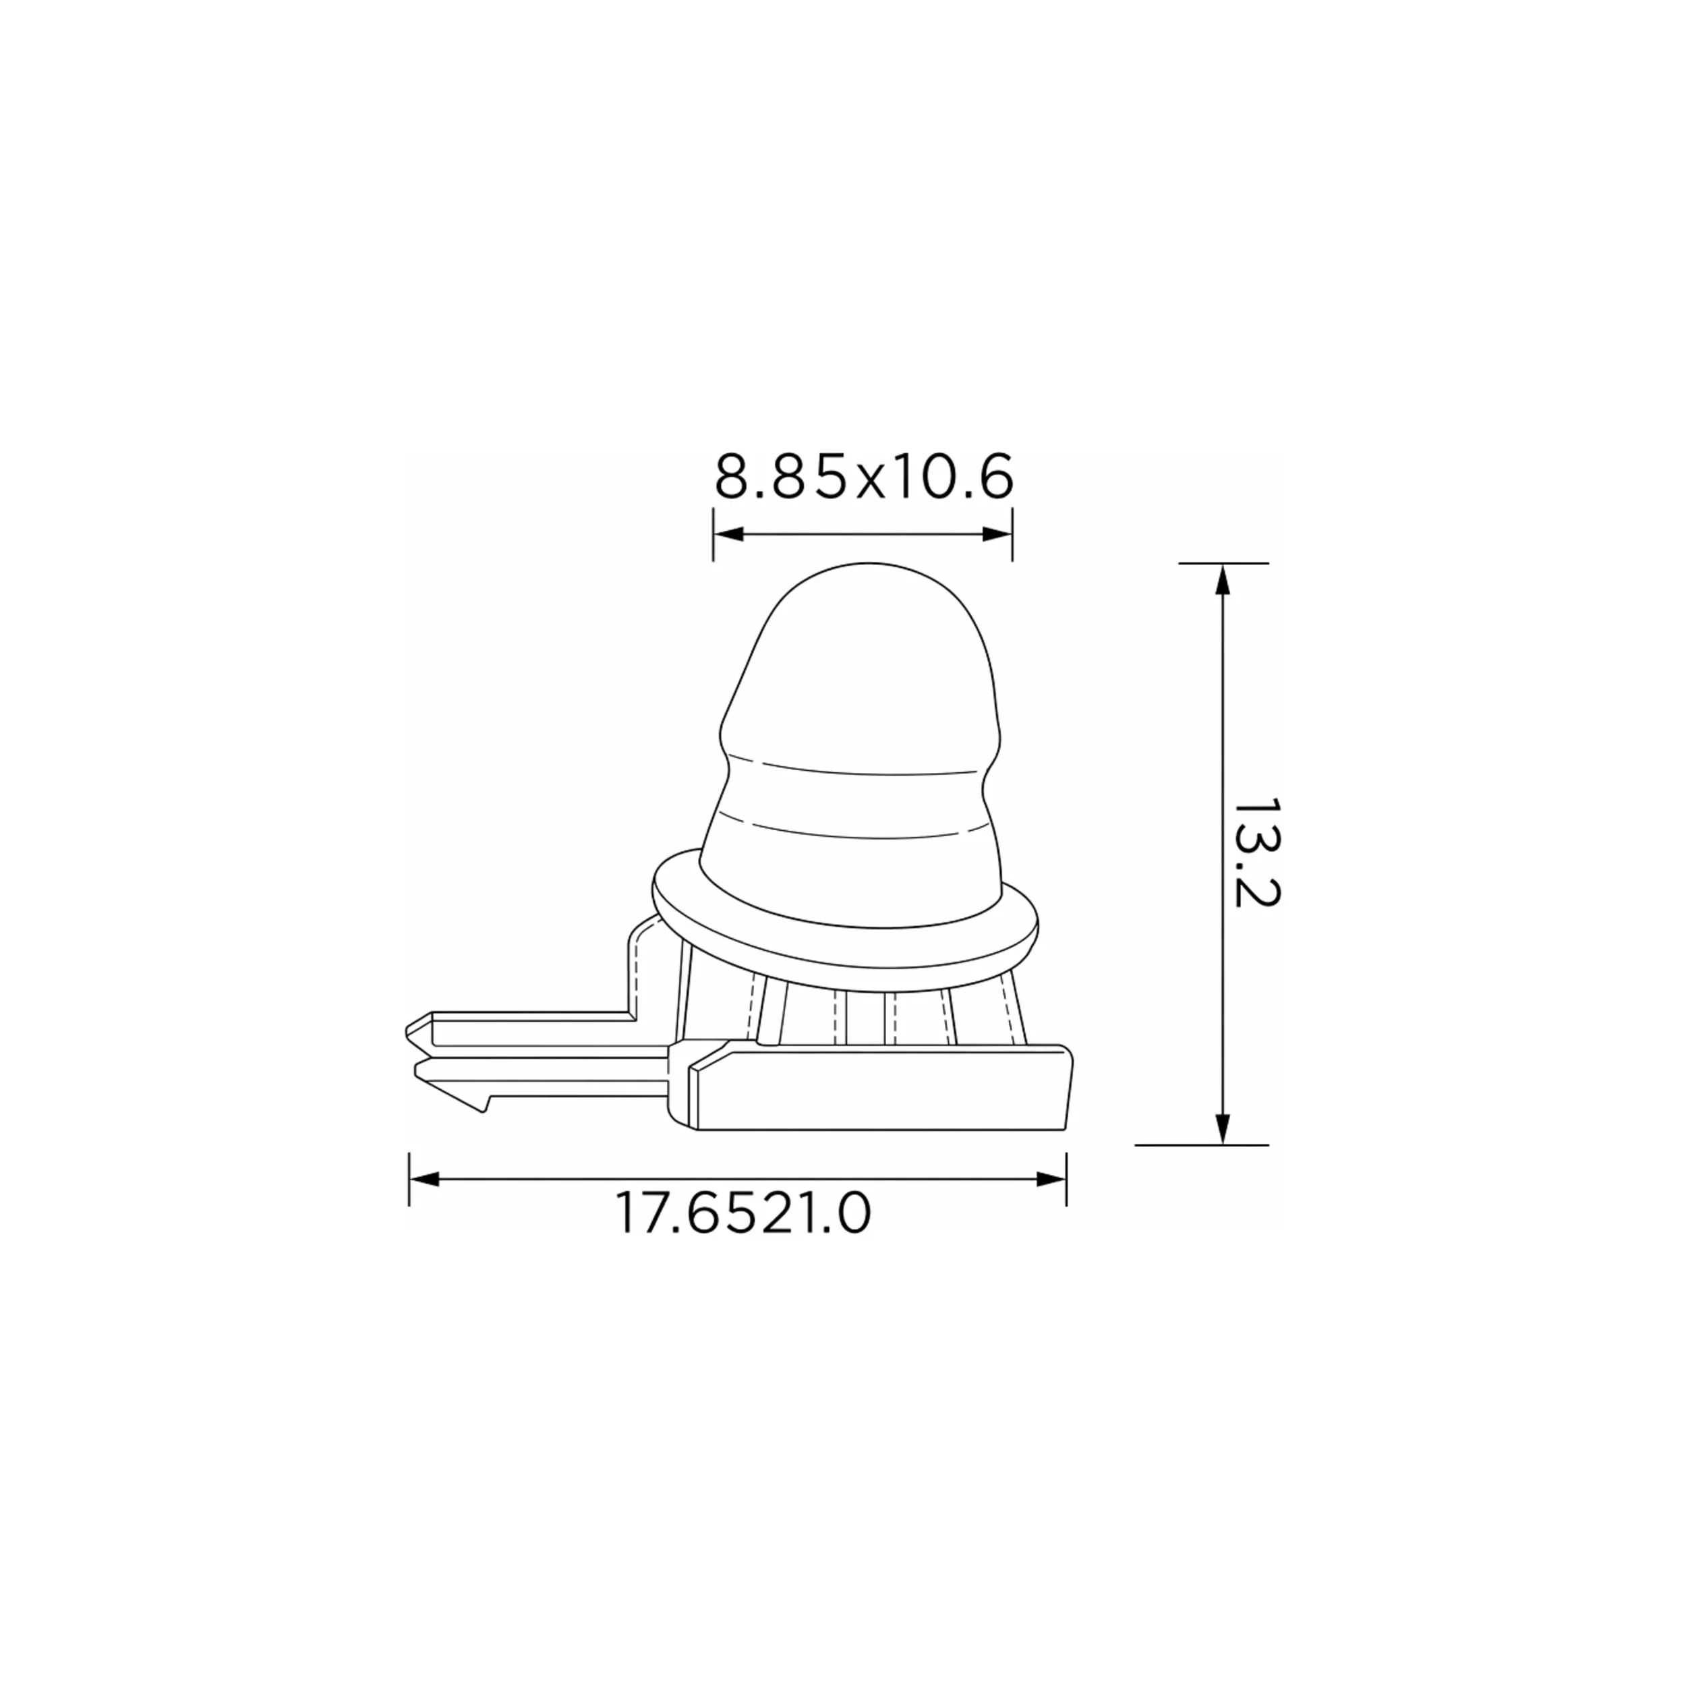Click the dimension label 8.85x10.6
(x=863, y=477)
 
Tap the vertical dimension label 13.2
(x=1256, y=852)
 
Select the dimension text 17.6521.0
(x=743, y=1213)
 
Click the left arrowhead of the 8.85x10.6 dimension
(x=728, y=534)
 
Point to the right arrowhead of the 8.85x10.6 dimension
(x=997, y=534)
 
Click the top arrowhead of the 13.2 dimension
(x=1223, y=579)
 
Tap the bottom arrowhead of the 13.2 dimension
(x=1223, y=1128)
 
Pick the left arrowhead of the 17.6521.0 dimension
(x=425, y=1179)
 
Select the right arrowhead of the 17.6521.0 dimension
(x=1051, y=1179)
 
